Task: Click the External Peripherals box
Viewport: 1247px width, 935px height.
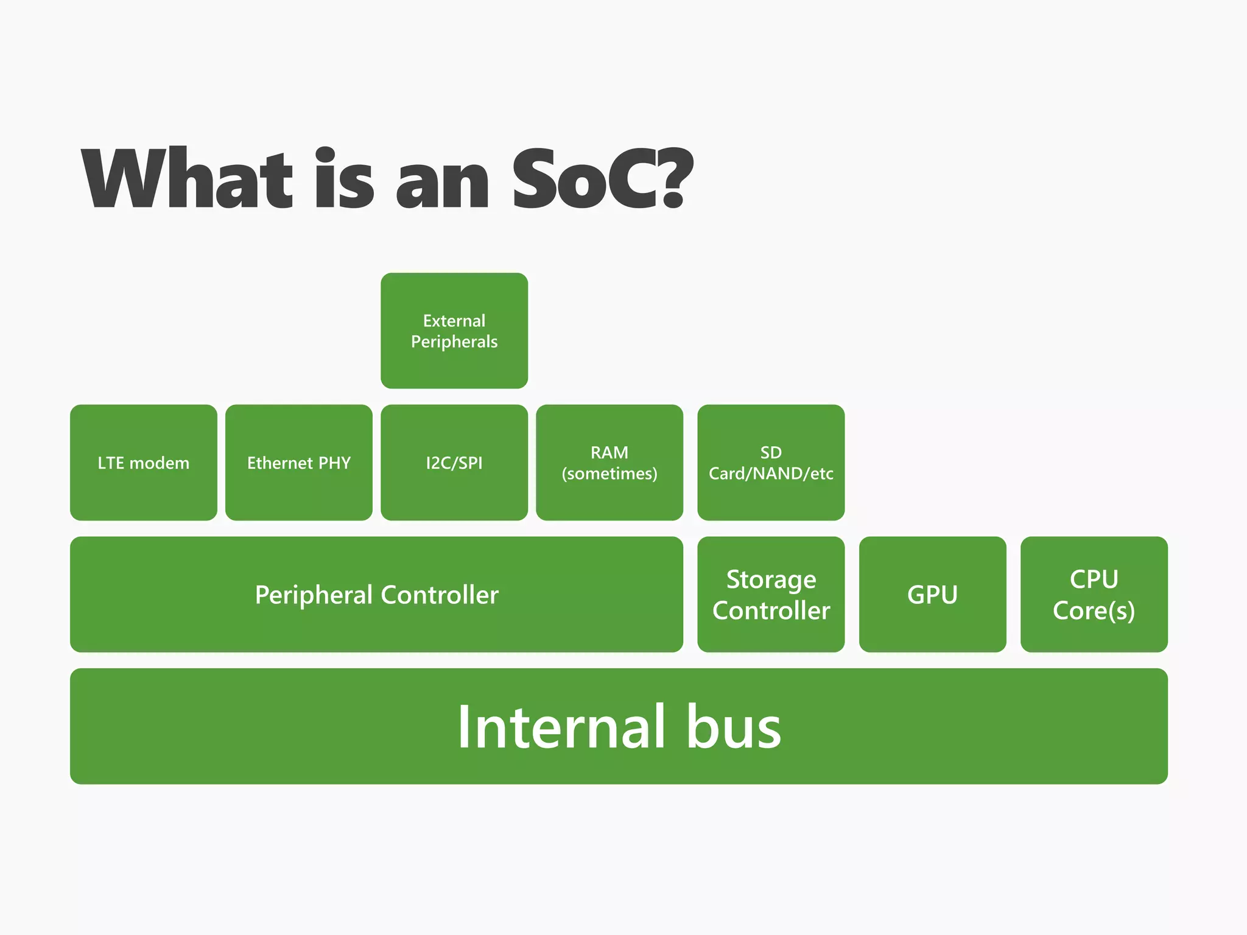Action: (x=454, y=331)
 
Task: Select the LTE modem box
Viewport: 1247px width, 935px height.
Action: (x=144, y=463)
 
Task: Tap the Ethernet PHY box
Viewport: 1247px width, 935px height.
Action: (x=299, y=463)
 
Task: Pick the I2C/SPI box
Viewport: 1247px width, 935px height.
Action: (x=454, y=463)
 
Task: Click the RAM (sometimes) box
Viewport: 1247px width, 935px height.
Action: (x=609, y=463)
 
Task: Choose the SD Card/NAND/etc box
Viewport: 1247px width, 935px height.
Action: (x=771, y=463)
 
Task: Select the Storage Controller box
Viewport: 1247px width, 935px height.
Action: (x=771, y=594)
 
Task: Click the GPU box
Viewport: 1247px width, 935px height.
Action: (x=932, y=594)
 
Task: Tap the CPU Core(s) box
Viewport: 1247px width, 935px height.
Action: (x=1094, y=594)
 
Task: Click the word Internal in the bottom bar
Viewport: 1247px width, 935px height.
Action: (x=561, y=727)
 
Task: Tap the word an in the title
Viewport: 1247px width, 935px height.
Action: (x=442, y=186)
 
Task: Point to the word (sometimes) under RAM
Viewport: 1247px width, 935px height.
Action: (x=609, y=474)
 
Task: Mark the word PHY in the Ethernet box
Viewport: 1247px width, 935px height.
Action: (x=334, y=463)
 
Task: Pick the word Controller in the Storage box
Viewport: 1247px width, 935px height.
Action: (x=771, y=611)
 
